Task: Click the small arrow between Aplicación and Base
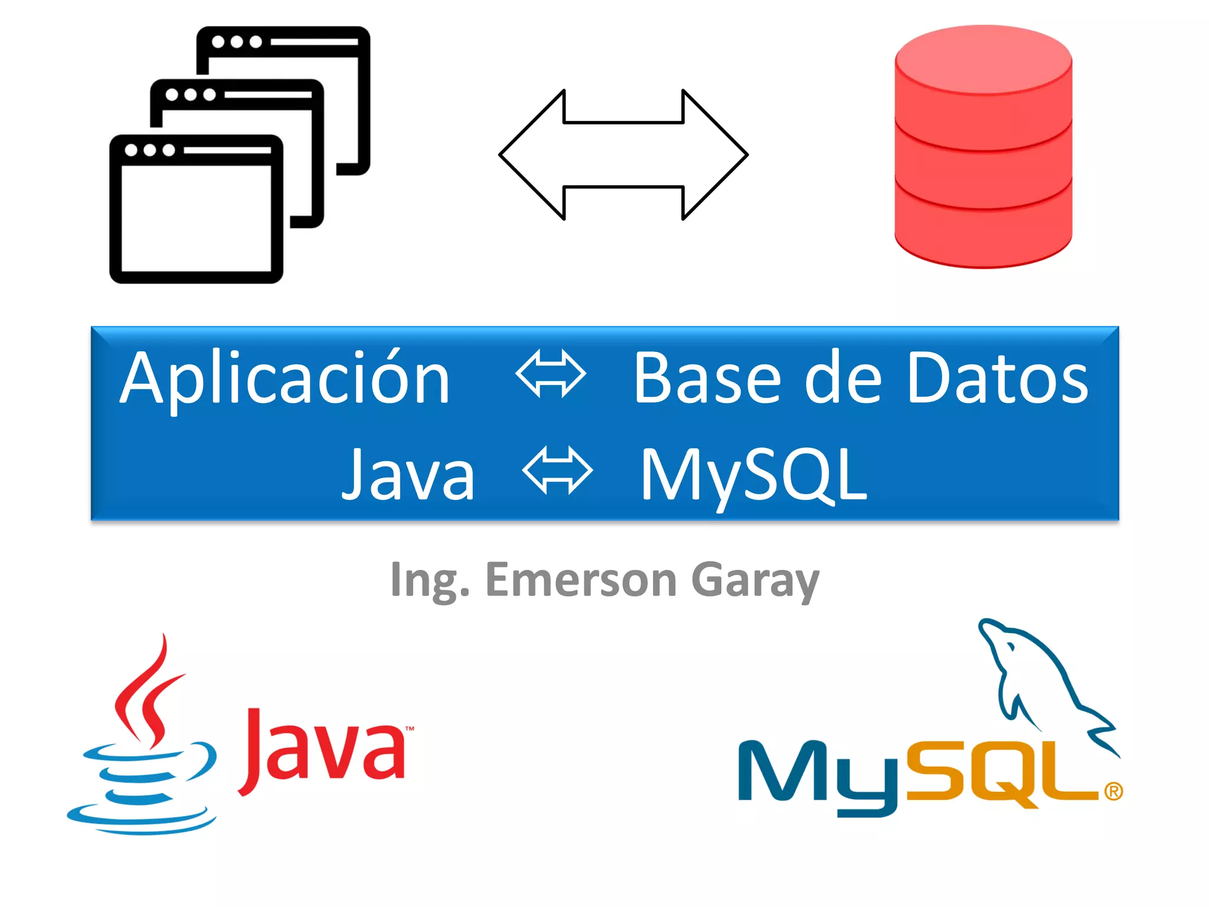pyautogui.click(x=550, y=374)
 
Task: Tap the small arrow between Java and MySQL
pyautogui.click(x=557, y=471)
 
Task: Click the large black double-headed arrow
pyautogui.click(x=623, y=155)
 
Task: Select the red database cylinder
pyautogui.click(x=983, y=148)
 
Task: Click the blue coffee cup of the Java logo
pyautogui.click(x=142, y=785)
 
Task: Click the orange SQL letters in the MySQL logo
pyautogui.click(x=998, y=774)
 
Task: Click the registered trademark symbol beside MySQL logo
pyautogui.click(x=1113, y=791)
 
